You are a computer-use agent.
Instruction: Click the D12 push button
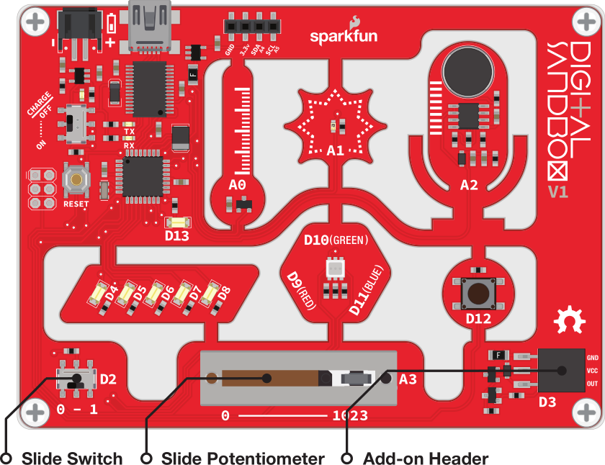[478, 292]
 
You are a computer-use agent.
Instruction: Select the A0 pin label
[237, 186]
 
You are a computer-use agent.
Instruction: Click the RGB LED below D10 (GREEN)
[335, 270]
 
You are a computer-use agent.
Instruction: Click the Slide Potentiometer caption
[243, 459]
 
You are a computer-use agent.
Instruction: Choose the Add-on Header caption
[426, 459]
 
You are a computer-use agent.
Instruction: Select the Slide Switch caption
[72, 459]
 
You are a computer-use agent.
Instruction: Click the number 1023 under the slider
[350, 415]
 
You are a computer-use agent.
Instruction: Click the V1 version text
[560, 192]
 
